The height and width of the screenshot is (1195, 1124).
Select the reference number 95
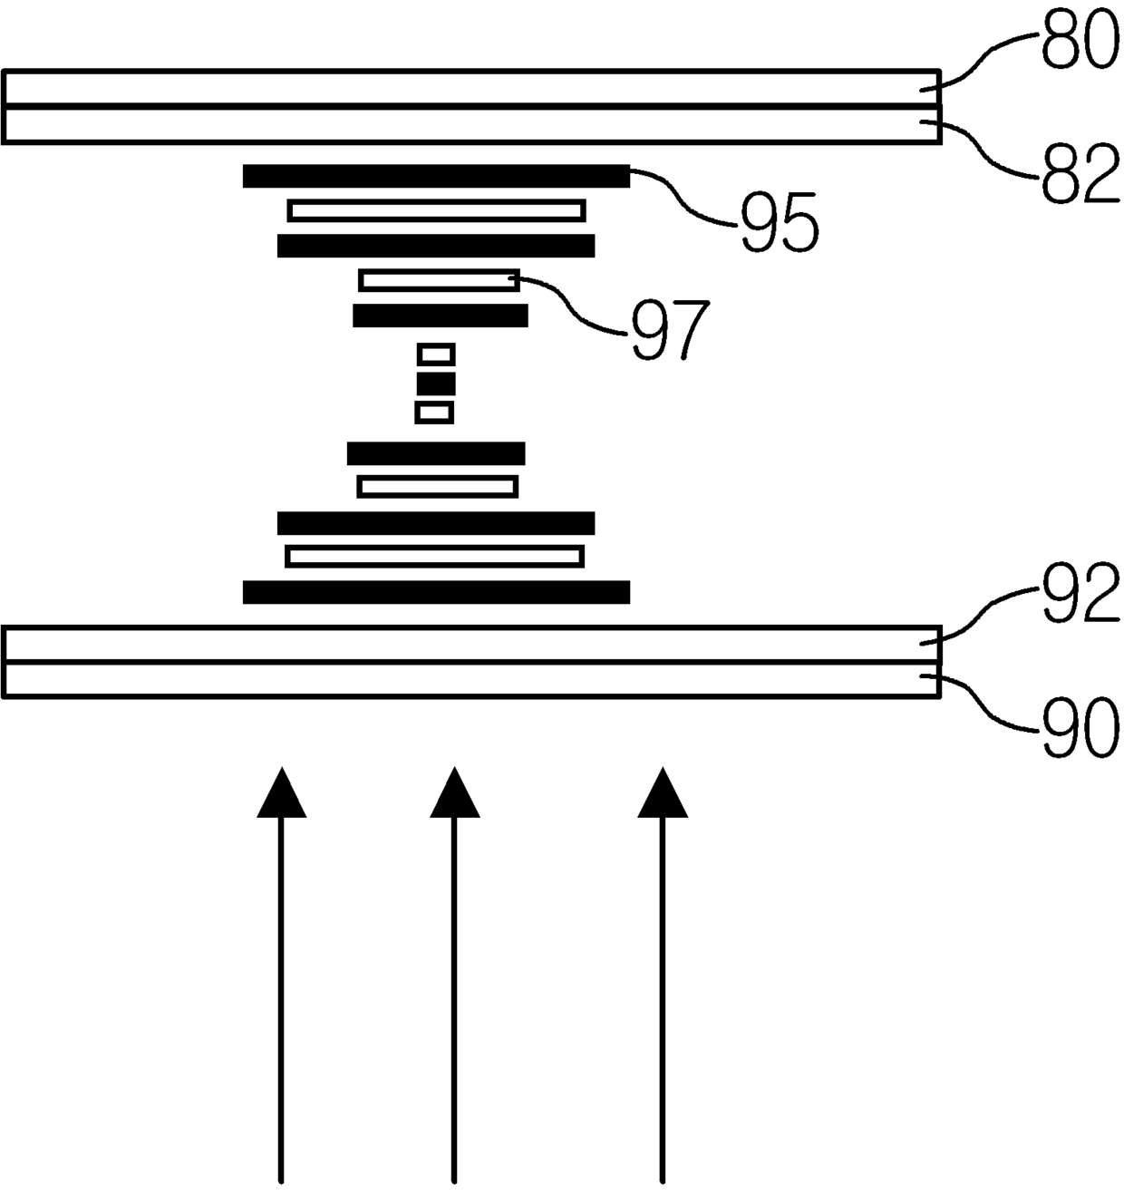[x=780, y=223]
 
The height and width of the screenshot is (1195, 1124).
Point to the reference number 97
[x=670, y=330]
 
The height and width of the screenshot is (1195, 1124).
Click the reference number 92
[x=1079, y=595]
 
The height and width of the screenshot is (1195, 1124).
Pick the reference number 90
[x=1079, y=730]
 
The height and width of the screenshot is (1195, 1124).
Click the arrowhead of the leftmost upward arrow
[x=281, y=794]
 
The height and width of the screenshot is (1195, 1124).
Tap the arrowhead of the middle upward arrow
[x=454, y=794]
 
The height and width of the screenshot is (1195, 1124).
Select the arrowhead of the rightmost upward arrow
[x=663, y=794]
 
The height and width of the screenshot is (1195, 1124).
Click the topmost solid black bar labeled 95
[x=436, y=176]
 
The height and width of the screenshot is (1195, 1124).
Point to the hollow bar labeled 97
[x=439, y=280]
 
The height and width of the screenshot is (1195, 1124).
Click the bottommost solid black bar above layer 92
[x=436, y=592]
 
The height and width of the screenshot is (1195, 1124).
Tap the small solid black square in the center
[x=436, y=384]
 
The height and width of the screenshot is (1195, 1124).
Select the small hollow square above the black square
[x=436, y=354]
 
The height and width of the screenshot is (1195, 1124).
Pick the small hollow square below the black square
[x=434, y=413]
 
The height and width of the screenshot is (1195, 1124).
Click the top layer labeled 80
[x=471, y=89]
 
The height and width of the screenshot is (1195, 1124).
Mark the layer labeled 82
[x=471, y=124]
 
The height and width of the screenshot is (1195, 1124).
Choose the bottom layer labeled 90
[x=471, y=679]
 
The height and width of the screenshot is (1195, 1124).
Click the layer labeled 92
[x=471, y=644]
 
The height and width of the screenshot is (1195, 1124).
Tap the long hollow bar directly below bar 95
[x=436, y=210]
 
